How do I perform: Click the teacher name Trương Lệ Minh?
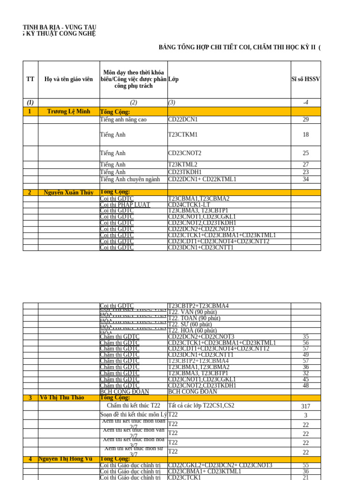pyautogui.click(x=68, y=112)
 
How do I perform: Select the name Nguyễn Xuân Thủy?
pyautogui.click(x=68, y=193)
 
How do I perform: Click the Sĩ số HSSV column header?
pyautogui.click(x=306, y=79)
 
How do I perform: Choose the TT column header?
pyautogui.click(x=30, y=79)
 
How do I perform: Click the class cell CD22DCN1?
pyautogui.click(x=183, y=120)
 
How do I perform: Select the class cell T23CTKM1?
pyautogui.click(x=183, y=135)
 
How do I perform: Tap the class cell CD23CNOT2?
pyautogui.click(x=185, y=153)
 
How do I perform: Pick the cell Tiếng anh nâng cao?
pyautogui.click(x=123, y=120)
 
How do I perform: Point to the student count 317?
pyautogui.click(x=306, y=406)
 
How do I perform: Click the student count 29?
pyautogui.click(x=306, y=120)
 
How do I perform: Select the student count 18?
pyautogui.click(x=306, y=135)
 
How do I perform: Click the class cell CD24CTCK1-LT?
pyautogui.click(x=189, y=205)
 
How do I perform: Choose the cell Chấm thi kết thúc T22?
pyautogui.click(x=134, y=405)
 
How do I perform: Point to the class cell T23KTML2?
pyautogui.click(x=183, y=165)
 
